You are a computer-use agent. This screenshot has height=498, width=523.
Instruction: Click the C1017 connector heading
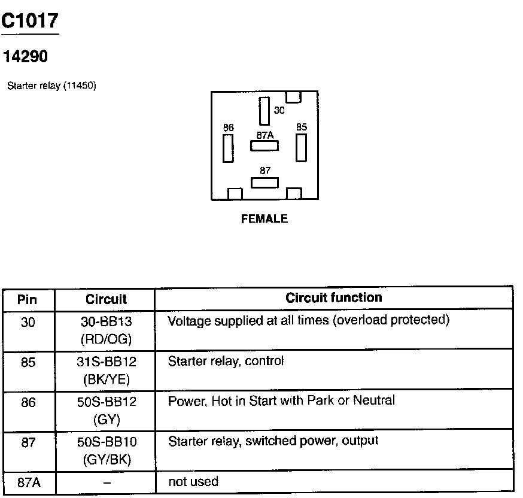30,22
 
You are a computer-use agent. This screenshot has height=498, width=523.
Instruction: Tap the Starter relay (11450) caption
51,86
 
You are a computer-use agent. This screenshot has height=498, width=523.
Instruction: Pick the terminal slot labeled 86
228,148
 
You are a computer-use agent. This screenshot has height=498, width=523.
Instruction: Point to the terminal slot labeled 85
301,147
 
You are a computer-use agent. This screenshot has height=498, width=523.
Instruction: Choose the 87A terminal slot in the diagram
264,145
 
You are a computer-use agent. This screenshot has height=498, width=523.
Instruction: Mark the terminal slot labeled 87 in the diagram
264,182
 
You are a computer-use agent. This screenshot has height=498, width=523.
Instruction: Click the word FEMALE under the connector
264,219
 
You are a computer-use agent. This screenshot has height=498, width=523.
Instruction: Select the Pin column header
28,299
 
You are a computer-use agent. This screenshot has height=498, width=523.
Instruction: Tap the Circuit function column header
333,297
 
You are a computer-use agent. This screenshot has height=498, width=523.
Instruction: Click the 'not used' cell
193,481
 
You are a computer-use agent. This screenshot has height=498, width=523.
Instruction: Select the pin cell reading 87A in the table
28,482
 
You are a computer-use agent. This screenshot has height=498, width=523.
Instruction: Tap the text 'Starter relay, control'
226,361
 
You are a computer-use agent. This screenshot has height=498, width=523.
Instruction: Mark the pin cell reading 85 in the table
28,362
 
